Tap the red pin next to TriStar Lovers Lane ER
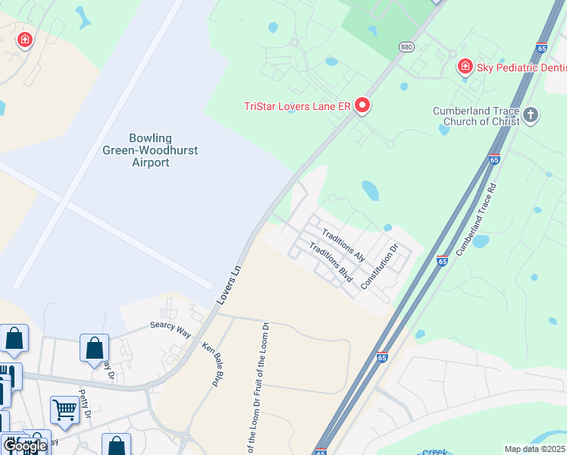click(362, 105)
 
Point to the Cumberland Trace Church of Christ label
click(476, 116)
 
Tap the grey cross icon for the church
click(531, 115)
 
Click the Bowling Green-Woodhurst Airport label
click(150, 150)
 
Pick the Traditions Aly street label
click(343, 245)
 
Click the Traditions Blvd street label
click(332, 263)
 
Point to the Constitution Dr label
click(379, 266)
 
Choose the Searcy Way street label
click(170, 327)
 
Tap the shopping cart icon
click(65, 410)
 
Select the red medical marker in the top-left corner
click(25, 39)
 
